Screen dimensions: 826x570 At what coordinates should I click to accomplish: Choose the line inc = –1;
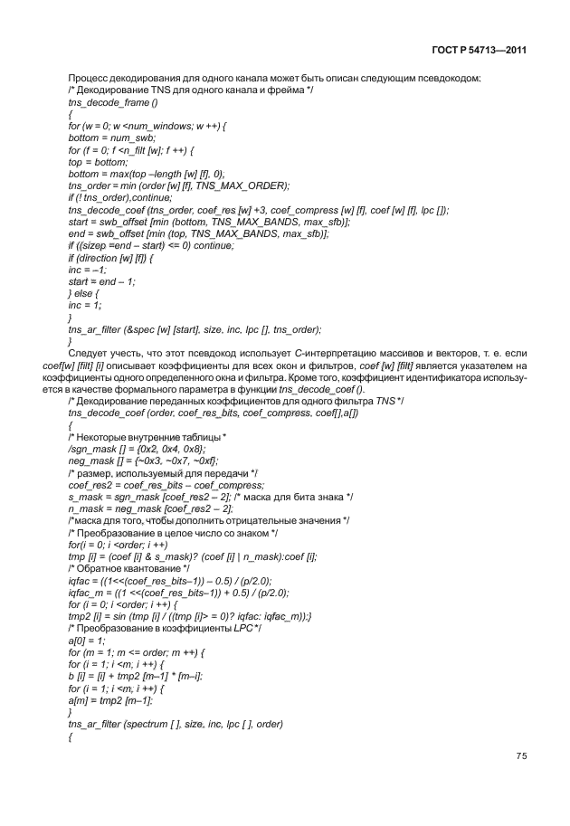point(85,269)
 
